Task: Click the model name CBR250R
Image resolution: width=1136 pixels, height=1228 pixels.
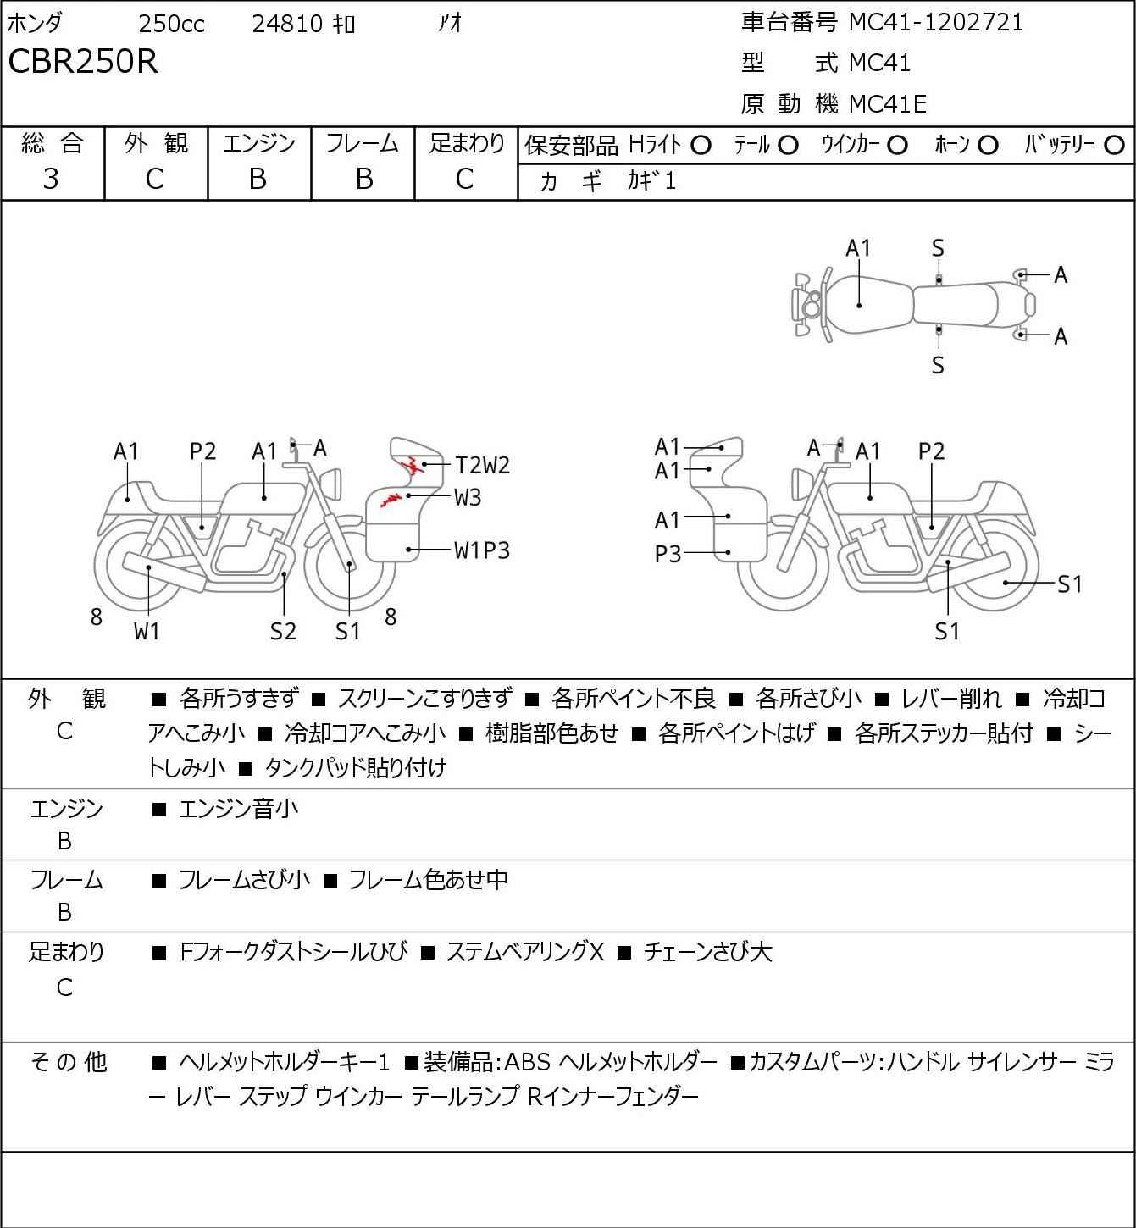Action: coord(83,61)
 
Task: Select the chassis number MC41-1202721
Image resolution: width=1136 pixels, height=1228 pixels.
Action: coord(936,23)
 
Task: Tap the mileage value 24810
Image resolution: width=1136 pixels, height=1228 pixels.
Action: coord(287,24)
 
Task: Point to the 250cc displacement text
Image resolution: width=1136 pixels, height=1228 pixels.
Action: coord(171,24)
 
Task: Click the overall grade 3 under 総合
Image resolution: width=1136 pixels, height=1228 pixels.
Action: coord(51,180)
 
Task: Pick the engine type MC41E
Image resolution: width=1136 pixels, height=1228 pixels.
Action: coord(888,104)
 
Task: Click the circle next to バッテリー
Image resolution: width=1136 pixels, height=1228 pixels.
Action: coord(1114,146)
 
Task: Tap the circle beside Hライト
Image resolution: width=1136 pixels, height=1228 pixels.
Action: coord(701,146)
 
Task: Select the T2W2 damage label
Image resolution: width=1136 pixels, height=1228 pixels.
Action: coord(483,465)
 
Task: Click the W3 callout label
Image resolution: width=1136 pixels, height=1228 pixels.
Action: coord(468,497)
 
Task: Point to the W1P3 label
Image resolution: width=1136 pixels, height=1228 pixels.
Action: coord(482,550)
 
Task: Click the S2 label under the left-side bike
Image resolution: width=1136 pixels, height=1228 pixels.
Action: coord(284,631)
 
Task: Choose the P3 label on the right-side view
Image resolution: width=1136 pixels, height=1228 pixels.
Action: coord(668,554)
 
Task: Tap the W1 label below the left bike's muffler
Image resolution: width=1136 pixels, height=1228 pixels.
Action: coord(147,631)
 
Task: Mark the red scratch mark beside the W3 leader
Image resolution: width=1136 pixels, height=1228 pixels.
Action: coord(391,499)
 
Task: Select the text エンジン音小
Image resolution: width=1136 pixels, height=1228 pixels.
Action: coord(238,809)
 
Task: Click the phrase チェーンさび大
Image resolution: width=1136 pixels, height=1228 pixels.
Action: coord(708,952)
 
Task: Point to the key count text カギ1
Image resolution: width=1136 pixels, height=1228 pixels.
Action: coord(651,181)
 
